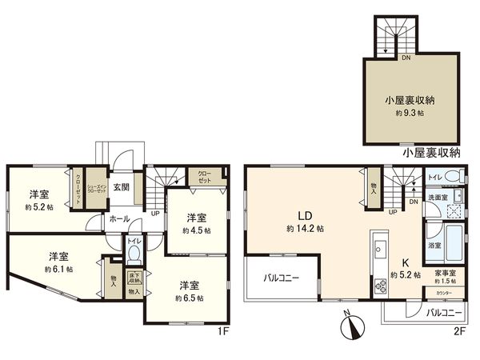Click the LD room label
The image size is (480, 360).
[305, 215]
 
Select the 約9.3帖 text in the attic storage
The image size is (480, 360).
[410, 114]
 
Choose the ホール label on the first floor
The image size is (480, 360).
[118, 218]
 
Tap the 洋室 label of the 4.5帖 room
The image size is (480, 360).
[196, 218]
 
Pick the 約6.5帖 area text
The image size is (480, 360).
[190, 298]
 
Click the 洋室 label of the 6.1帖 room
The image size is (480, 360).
[58, 257]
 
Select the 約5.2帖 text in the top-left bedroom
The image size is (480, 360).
[38, 206]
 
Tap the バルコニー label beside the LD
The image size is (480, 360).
[282, 279]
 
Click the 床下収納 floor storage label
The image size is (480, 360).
[135, 279]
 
